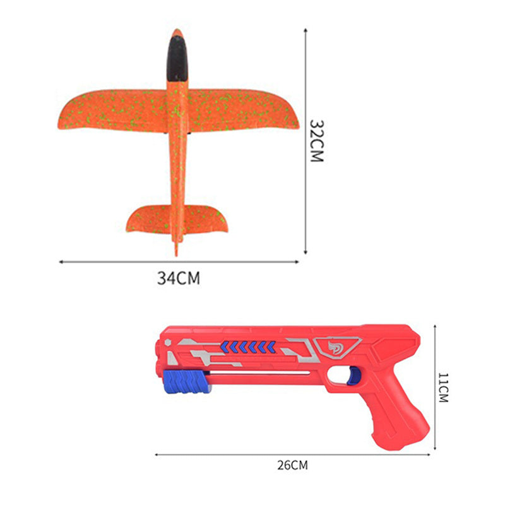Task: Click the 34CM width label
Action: tap(179, 278)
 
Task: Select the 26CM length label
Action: tap(292, 466)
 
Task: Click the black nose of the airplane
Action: tap(177, 57)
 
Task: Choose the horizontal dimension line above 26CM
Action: tap(292, 453)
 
